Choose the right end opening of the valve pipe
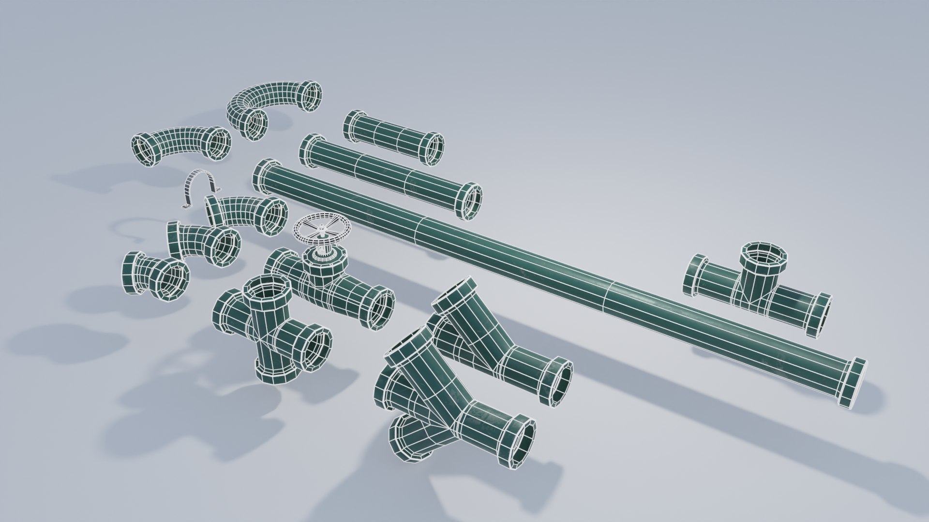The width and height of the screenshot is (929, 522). click(x=380, y=309)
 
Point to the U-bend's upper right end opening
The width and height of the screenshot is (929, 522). click(x=310, y=97)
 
